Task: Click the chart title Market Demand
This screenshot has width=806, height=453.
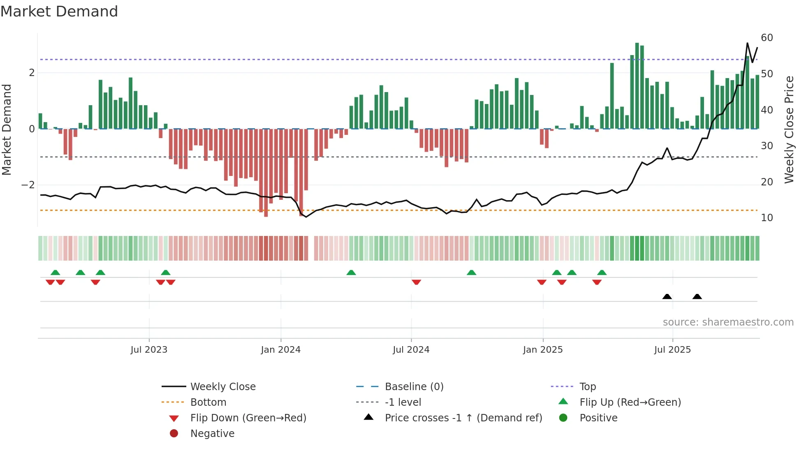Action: click(59, 12)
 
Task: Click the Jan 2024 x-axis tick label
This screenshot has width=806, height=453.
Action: click(280, 350)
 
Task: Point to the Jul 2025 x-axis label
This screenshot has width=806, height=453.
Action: click(672, 350)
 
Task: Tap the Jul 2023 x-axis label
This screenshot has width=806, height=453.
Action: click(149, 350)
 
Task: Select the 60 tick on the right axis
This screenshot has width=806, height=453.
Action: click(767, 38)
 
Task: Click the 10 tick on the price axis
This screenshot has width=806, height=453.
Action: click(767, 218)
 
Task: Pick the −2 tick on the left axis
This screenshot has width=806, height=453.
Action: click(28, 185)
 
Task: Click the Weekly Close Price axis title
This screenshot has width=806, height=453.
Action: click(789, 129)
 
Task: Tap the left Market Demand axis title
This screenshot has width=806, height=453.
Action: click(7, 129)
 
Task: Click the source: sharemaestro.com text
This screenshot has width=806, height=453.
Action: click(728, 322)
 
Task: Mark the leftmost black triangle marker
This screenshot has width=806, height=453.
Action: click(667, 297)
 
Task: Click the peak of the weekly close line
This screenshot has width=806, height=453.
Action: click(747, 43)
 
